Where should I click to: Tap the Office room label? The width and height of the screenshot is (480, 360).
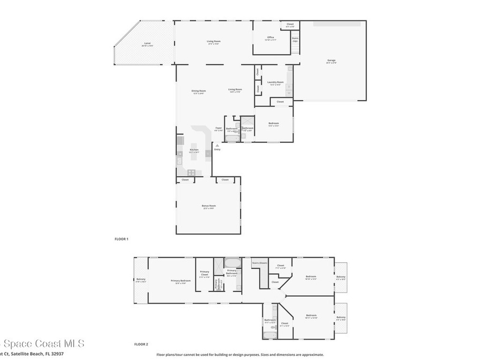(x=270, y=37)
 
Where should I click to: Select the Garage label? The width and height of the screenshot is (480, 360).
(x=331, y=60)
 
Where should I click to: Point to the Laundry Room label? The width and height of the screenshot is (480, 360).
(x=275, y=82)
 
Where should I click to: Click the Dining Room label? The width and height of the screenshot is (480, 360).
(x=198, y=91)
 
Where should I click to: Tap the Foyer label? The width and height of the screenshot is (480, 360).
(x=218, y=128)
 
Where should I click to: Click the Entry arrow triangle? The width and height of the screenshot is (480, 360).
(x=217, y=146)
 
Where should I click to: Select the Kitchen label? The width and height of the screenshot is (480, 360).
(x=194, y=150)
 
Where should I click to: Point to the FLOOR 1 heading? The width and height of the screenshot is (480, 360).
(x=121, y=239)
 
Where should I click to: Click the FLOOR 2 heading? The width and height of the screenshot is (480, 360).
(x=141, y=344)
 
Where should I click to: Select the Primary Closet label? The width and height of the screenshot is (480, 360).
(x=204, y=272)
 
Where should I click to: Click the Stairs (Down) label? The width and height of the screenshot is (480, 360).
(x=259, y=263)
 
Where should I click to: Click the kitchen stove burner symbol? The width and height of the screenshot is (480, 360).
(x=191, y=172)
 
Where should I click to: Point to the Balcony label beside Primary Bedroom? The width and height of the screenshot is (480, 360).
(x=141, y=279)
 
